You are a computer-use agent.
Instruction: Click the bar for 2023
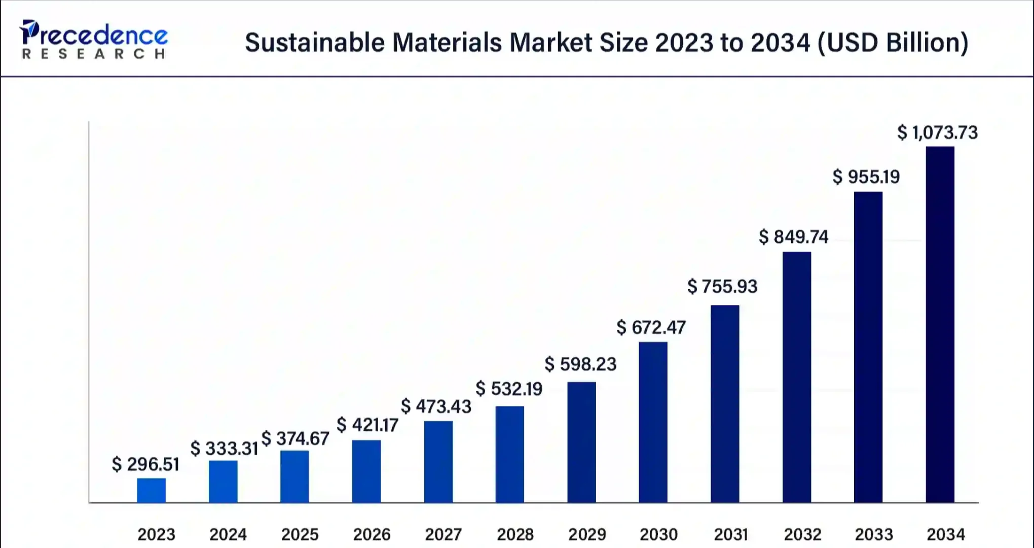[151, 490]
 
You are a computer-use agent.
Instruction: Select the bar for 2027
[438, 462]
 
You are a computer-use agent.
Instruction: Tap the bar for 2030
[653, 422]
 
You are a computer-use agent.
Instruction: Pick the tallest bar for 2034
[940, 325]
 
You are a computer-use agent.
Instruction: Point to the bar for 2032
[796, 377]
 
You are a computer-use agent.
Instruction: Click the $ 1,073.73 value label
[937, 133]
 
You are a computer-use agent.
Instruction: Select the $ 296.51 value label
[145, 464]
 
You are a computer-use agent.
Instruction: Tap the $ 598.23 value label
[580, 364]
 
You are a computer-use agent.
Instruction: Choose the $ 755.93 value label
[722, 287]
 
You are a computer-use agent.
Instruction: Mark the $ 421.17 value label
[367, 425]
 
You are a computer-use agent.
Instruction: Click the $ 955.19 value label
[866, 177]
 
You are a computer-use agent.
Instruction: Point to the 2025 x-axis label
[300, 534]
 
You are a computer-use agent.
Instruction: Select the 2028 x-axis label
[515, 534]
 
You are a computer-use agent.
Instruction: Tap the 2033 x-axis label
[874, 534]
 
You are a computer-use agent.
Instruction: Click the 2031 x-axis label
[730, 534]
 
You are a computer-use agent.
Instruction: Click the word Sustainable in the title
[315, 43]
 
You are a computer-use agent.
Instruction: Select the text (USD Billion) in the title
[893, 43]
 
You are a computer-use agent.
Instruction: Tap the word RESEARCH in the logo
[94, 54]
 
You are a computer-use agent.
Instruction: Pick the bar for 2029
[581, 442]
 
